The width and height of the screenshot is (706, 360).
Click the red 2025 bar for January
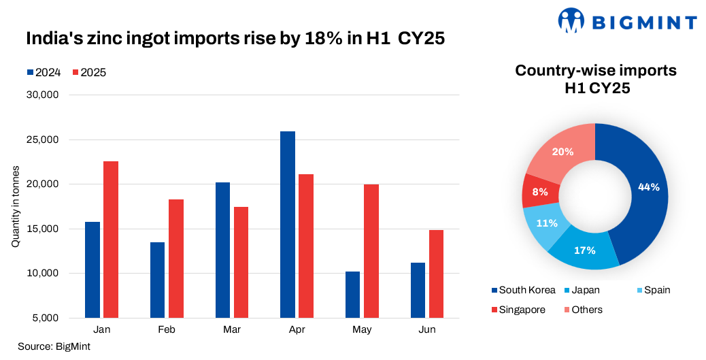coord(110,240)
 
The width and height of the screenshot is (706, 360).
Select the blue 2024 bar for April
coord(288,225)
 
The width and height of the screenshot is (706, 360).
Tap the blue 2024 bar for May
coord(352,295)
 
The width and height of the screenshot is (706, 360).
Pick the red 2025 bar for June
coord(436,274)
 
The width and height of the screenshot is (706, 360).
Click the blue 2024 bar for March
coord(222,250)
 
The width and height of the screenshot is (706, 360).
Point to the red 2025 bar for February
coord(175,259)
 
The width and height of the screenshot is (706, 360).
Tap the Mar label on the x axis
coord(231,329)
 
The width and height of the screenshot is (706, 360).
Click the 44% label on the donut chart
coord(648,187)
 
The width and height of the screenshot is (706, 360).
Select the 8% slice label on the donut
coord(540,192)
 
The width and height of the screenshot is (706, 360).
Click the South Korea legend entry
coord(523,290)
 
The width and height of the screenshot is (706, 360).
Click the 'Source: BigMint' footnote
coord(54,346)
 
